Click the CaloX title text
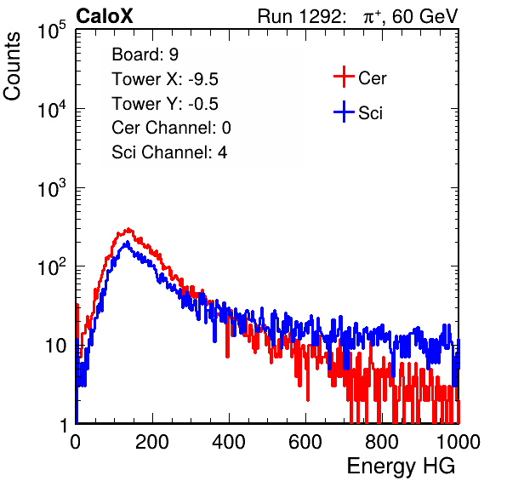(105, 16)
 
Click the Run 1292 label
(299, 16)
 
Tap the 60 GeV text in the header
(424, 16)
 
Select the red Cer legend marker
(344, 77)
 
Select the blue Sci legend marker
(344, 112)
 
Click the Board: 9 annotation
(145, 54)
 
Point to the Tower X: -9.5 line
(165, 79)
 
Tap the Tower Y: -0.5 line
(165, 104)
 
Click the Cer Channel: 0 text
(171, 128)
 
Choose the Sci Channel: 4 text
(169, 152)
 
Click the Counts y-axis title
(12, 66)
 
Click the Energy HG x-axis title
(401, 467)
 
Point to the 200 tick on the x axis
(152, 442)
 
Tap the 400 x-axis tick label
(229, 442)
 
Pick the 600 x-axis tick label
(305, 442)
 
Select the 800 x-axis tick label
(382, 442)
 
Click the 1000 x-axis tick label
(459, 442)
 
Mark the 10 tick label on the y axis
(56, 346)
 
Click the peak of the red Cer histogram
(128, 229)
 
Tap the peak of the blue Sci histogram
(127, 242)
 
